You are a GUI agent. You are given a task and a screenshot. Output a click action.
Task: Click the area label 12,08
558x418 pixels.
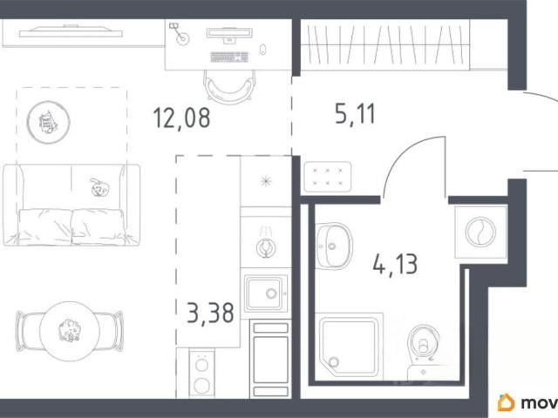181,118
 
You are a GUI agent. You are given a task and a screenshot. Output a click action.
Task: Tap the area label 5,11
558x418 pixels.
355,114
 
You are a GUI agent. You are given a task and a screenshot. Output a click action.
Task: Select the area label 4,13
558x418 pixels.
395,264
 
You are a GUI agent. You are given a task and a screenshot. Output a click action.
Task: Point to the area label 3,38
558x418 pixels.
210,313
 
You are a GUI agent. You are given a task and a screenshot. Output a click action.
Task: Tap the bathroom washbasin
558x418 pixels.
333,246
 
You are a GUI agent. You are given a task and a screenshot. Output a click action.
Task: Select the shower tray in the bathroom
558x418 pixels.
349,345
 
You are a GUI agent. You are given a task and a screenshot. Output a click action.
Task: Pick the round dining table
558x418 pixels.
70,331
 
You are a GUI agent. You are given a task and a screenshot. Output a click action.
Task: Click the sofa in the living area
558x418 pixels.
71,205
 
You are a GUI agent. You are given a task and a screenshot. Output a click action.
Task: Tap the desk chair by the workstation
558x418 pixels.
229,86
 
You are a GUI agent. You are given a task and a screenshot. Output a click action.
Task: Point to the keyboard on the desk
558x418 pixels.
229,57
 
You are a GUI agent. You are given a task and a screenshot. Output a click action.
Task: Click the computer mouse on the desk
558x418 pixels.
262,50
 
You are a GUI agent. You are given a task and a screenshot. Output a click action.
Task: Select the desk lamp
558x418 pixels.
180,33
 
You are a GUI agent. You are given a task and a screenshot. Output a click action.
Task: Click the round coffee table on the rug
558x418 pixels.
49,122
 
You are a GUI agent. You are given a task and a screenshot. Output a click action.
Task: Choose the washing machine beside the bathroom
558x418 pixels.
480,233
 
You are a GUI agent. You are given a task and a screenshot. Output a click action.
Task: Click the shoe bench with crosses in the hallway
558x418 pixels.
328,177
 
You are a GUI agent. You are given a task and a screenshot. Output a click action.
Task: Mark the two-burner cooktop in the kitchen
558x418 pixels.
201,374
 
